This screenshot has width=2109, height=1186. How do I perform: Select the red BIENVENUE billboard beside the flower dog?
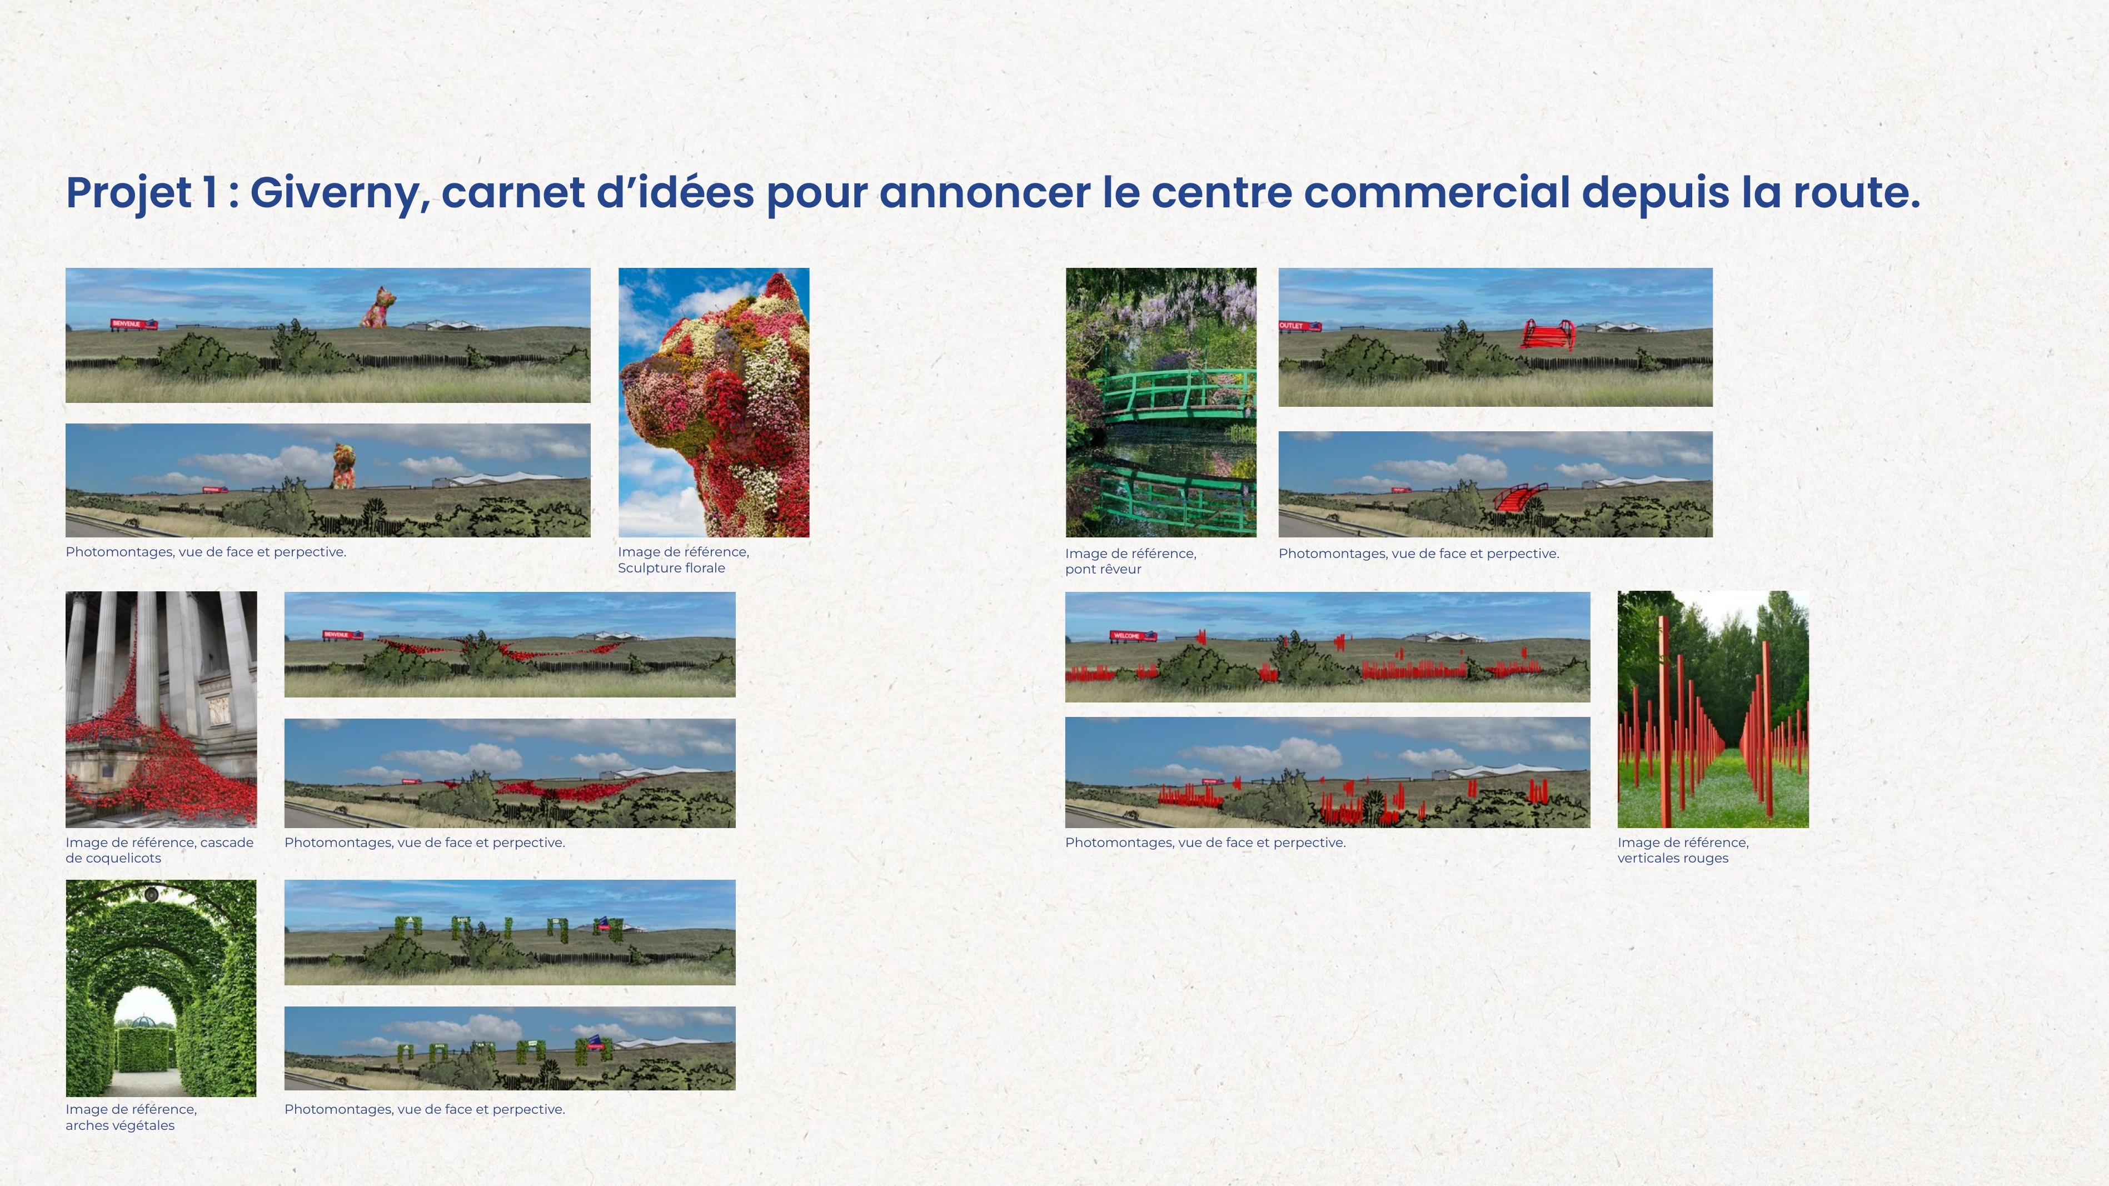[x=133, y=324]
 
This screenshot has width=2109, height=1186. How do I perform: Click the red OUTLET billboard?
[x=1299, y=326]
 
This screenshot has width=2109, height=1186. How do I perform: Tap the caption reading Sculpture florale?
[x=671, y=568]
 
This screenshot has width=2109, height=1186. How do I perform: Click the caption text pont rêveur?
[x=1103, y=570]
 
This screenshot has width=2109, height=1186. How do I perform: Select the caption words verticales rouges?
[x=1673, y=859]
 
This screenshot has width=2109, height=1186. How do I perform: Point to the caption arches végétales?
[x=119, y=1125]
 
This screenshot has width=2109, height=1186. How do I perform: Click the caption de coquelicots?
[x=113, y=859]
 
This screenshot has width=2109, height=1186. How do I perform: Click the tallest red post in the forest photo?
[x=1664, y=720]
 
